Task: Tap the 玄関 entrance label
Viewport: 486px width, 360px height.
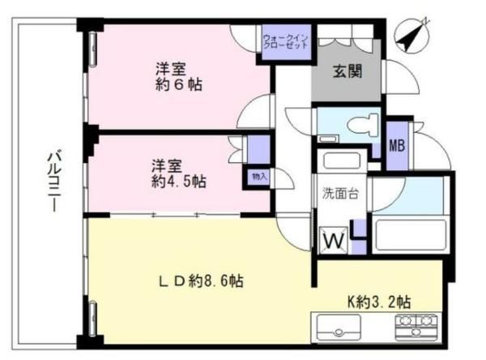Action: pos(347,71)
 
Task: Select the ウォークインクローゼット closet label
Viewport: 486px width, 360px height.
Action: pos(285,41)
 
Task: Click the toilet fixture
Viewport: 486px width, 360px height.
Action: pos(363,125)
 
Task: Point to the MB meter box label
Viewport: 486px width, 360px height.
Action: pos(397,145)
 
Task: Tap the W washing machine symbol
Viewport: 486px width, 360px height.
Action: pos(334,240)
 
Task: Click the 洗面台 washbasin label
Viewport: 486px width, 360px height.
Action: pos(340,194)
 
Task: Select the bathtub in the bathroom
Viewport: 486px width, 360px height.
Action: pos(411,235)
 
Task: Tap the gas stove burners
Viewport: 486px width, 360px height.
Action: pos(416,327)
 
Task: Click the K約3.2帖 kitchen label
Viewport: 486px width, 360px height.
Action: pos(379,302)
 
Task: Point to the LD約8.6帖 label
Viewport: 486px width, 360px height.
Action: pos(201,281)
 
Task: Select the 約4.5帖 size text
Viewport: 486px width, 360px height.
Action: pos(178,182)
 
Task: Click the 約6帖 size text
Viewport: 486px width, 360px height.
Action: pos(178,84)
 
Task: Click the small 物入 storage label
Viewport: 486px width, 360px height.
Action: pos(259,177)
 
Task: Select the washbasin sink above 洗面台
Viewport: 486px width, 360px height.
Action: pos(341,161)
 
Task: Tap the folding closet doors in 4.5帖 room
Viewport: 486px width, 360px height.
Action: pos(237,149)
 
